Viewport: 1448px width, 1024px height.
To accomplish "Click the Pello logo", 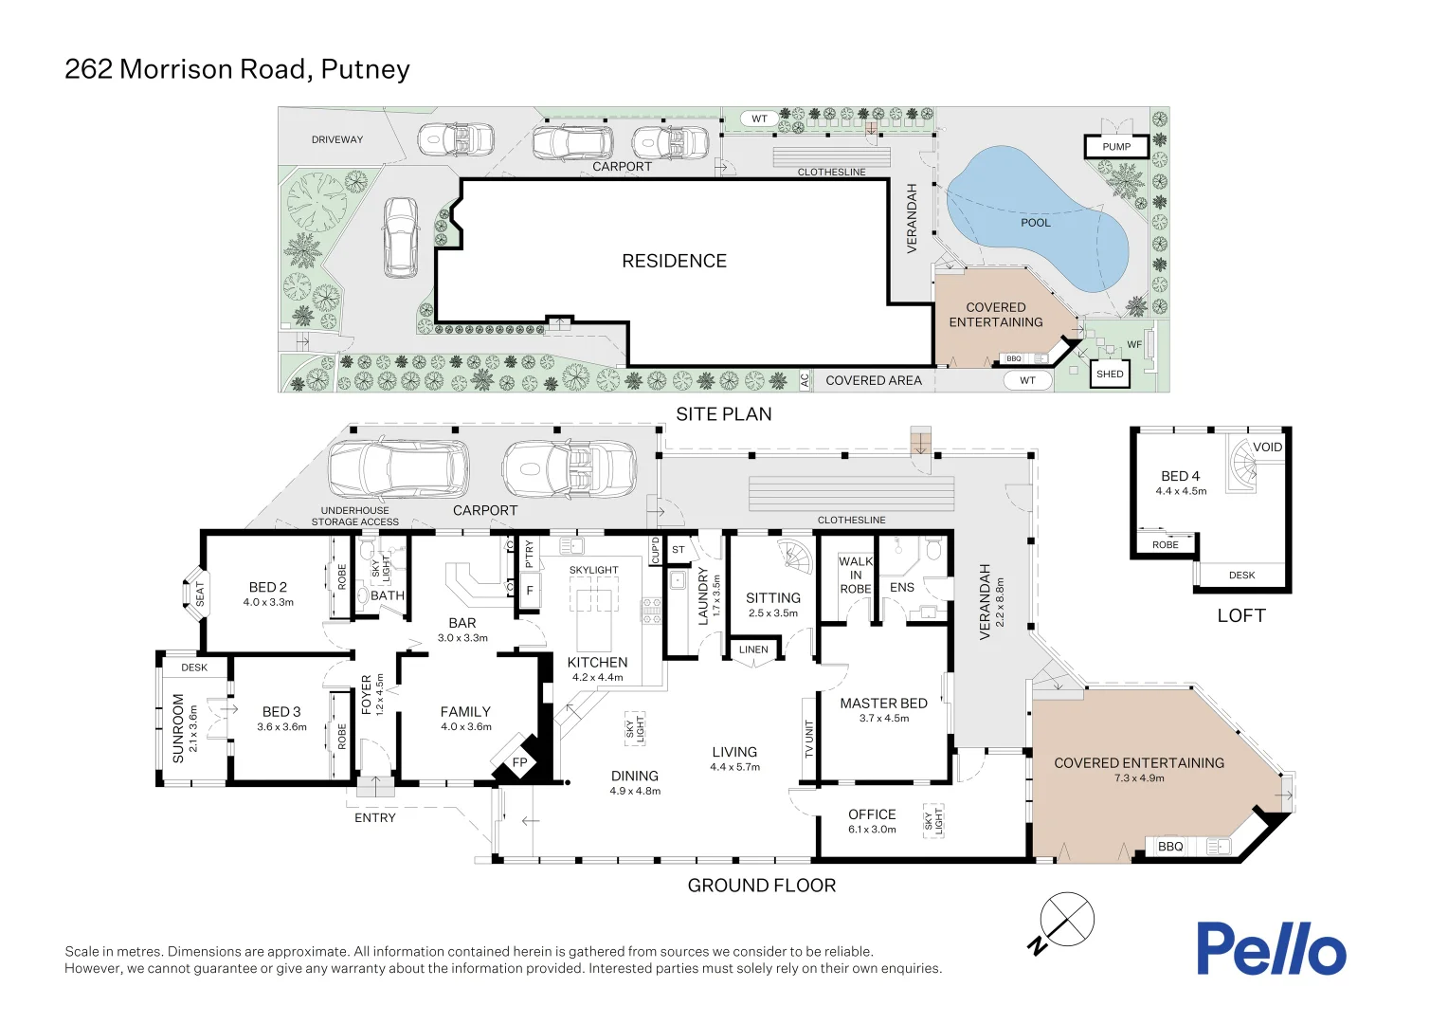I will point(1270,948).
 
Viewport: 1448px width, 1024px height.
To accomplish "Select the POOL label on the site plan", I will point(1035,223).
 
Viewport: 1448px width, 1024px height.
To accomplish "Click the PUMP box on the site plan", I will point(1116,147).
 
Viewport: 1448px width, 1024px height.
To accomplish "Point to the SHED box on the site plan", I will point(1110,374).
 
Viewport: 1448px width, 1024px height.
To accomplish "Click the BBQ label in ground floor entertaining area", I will point(1170,847).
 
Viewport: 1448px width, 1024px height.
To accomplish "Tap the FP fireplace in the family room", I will point(519,762).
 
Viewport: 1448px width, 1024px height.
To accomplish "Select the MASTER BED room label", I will point(883,704).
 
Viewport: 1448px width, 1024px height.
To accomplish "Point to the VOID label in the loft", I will point(1267,448).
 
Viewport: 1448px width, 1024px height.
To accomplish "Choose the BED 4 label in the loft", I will point(1180,476).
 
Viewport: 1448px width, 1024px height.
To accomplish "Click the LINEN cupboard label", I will point(753,649).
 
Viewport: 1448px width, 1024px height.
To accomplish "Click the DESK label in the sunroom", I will point(194,667).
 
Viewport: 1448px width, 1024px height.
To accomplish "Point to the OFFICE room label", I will point(872,814).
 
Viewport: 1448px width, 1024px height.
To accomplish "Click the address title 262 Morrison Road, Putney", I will point(237,69).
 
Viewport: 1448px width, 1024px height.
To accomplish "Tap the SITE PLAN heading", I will point(723,414).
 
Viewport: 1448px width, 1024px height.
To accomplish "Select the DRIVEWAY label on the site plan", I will point(337,139).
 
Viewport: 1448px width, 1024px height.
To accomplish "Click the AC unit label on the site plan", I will point(805,380).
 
